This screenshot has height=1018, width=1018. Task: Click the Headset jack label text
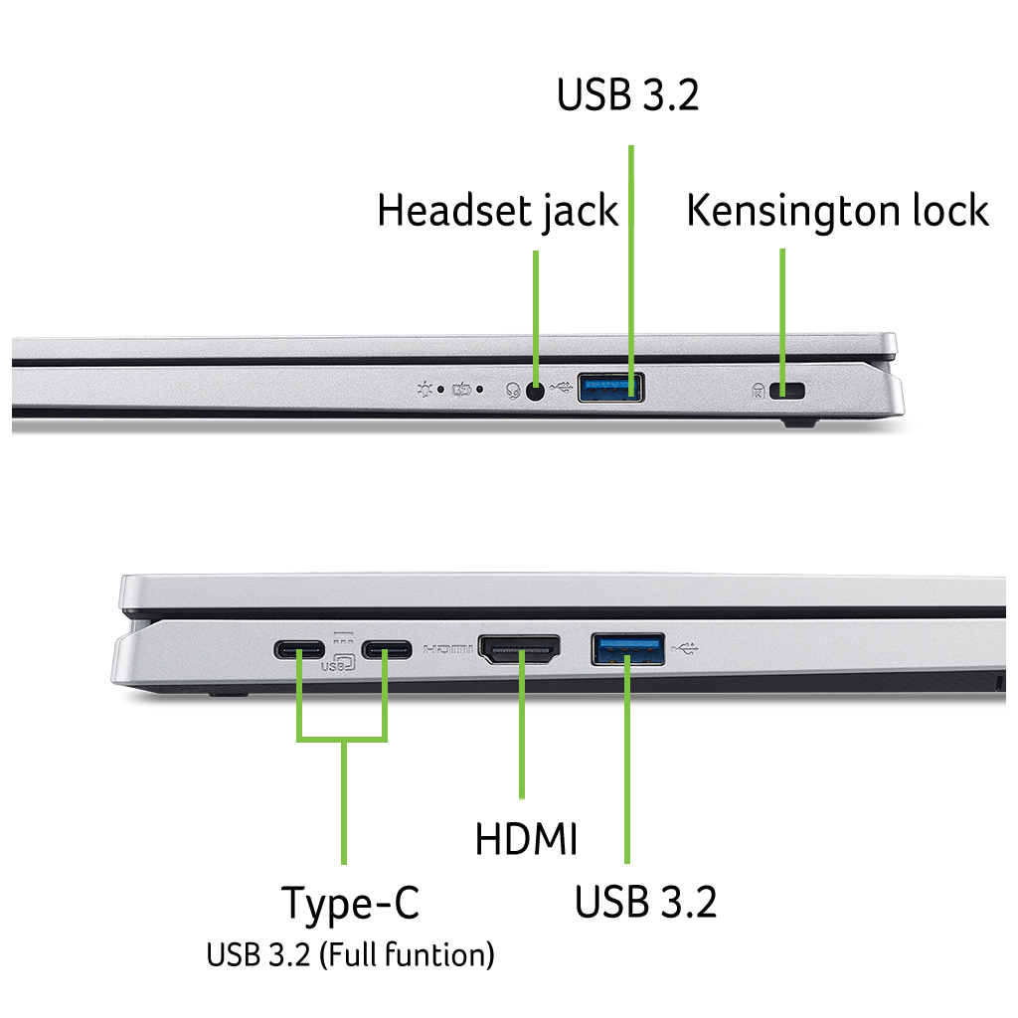pos(497,212)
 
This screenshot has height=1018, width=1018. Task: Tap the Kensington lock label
pos(837,211)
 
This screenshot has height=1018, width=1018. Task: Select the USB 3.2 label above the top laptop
pos(627,95)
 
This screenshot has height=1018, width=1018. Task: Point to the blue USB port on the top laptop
pos(609,387)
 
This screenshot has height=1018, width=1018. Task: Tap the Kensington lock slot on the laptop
pos(792,390)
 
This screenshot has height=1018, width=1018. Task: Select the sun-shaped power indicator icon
pos(424,389)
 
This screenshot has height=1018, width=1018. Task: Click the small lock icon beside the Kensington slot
pos(761,391)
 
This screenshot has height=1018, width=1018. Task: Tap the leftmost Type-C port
pos(299,651)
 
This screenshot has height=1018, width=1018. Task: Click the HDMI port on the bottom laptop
pos(520,650)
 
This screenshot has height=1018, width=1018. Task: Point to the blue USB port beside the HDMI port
pos(628,648)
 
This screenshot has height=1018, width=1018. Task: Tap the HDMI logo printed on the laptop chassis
pos(449,650)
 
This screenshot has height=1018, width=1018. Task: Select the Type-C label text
pos(350,904)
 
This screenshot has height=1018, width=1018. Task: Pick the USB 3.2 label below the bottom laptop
pos(645,902)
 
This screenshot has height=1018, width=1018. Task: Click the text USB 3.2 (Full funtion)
pos(350,955)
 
